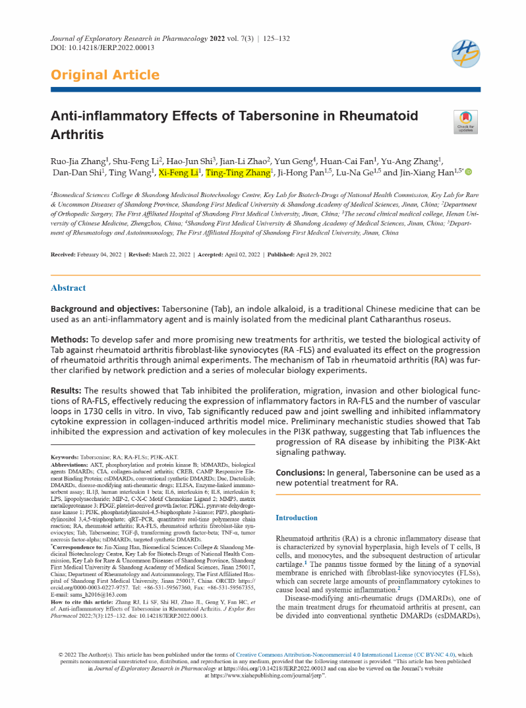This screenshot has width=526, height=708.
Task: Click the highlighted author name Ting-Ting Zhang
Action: tap(239, 173)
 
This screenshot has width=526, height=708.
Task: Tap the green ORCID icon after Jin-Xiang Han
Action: tap(469, 173)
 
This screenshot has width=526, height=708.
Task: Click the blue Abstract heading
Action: tap(68, 287)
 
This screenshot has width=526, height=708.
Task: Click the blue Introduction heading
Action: tap(297, 517)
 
